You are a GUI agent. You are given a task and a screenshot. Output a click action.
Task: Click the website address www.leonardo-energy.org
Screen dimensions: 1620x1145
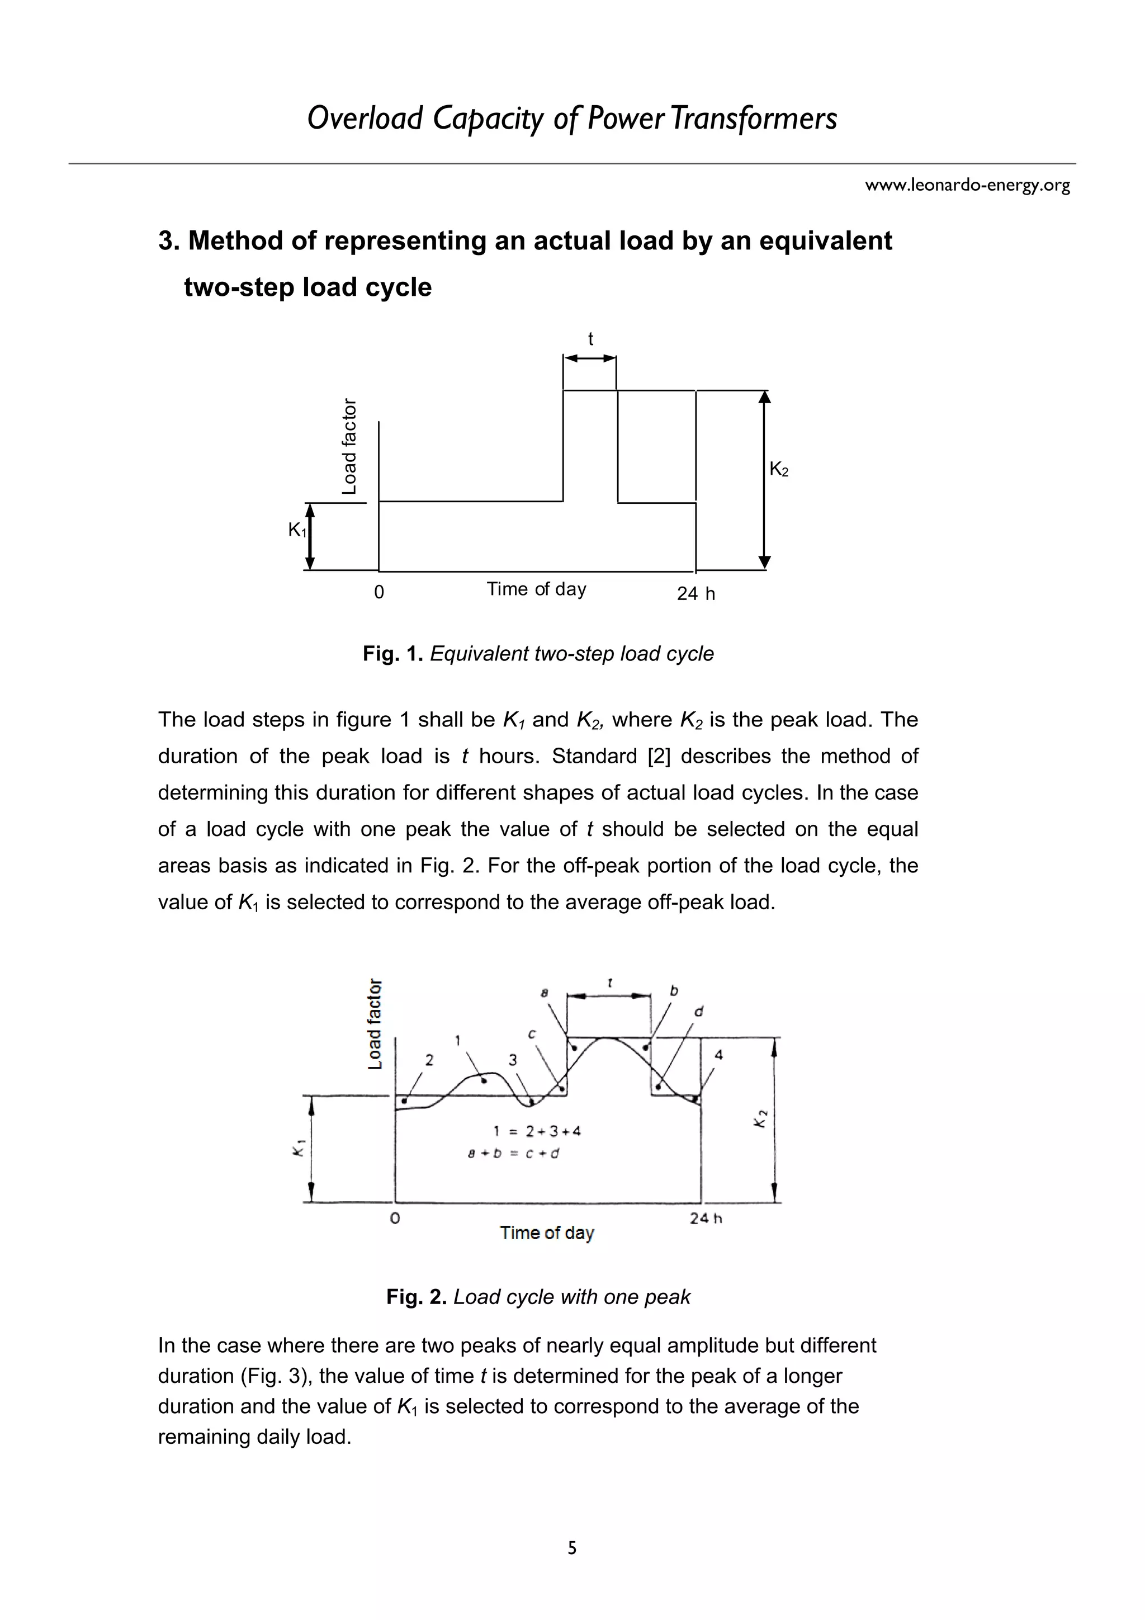tap(967, 186)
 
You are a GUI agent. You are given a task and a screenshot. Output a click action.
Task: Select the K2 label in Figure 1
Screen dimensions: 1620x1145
tap(779, 469)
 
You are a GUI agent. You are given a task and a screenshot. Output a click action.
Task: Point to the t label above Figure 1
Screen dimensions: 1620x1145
tap(590, 339)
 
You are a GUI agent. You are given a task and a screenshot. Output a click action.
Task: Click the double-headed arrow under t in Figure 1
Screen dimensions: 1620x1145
tap(590, 358)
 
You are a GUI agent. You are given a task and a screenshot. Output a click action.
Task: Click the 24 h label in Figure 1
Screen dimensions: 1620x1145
tap(695, 594)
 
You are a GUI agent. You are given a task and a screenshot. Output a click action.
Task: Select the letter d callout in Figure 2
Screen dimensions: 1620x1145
tap(698, 1012)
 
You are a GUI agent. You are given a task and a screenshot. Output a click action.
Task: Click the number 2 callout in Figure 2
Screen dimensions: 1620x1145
tap(429, 1060)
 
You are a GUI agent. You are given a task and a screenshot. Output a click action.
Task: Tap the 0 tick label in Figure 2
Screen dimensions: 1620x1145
tap(395, 1218)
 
